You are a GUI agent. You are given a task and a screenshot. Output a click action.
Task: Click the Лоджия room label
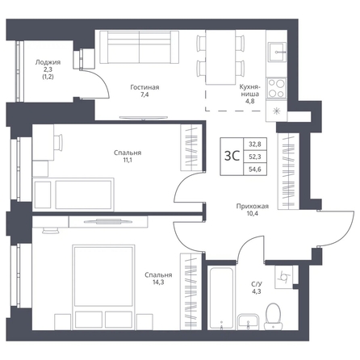(48, 62)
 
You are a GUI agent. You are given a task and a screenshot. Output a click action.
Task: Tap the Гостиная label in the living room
(144, 87)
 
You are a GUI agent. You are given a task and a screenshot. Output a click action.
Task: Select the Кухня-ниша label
(249, 90)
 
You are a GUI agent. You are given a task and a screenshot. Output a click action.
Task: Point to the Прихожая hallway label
(253, 207)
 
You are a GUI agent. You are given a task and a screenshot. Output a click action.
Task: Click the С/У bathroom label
(257, 284)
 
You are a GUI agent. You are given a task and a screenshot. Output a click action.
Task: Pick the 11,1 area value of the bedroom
(128, 160)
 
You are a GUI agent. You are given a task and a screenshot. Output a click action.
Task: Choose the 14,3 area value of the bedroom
(158, 283)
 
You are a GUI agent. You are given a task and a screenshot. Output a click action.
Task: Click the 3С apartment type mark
(232, 156)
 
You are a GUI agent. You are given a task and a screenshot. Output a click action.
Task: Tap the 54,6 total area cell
(255, 170)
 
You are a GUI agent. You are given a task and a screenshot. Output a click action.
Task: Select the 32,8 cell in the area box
(255, 144)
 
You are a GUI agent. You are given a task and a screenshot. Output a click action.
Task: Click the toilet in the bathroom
(273, 316)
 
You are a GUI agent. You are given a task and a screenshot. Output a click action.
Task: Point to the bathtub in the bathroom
(221, 298)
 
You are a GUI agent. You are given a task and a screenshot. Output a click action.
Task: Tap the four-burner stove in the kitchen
(276, 88)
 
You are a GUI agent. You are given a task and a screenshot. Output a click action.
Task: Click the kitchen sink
(278, 52)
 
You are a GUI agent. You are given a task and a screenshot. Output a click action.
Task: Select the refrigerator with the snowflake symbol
(276, 111)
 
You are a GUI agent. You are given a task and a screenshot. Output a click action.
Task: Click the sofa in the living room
(139, 47)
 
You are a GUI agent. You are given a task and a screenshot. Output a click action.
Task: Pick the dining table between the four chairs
(220, 57)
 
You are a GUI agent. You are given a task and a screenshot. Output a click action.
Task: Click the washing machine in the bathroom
(283, 277)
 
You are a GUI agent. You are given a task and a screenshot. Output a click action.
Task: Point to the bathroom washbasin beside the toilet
(248, 321)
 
